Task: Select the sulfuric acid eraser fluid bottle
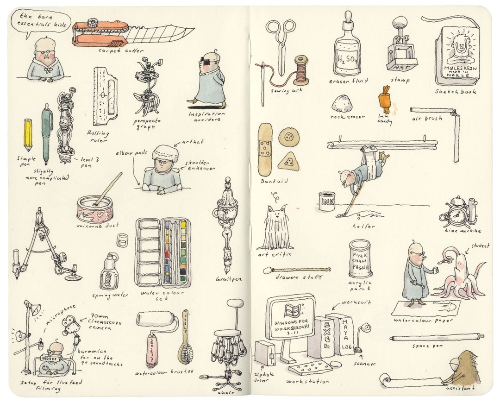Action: pyautogui.click(x=347, y=51)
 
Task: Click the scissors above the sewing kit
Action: pyautogui.click(x=281, y=42)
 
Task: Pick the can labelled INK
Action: pyautogui.click(x=327, y=202)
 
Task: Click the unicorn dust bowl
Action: pyautogui.click(x=95, y=209)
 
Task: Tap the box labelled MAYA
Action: pyautogui.click(x=343, y=334)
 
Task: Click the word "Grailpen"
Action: pyautogui.click(x=228, y=279)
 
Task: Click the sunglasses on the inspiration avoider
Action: pyautogui.click(x=209, y=60)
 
